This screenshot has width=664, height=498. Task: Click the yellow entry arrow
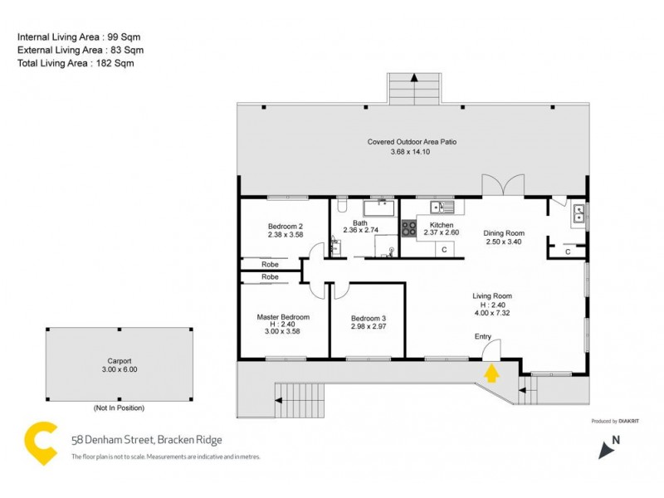tap(491, 373)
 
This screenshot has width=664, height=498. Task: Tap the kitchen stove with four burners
tap(409, 228)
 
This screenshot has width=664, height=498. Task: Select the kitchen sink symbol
tap(440, 207)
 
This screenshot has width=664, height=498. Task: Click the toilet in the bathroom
tap(342, 205)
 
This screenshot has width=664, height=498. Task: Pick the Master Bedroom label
tap(283, 317)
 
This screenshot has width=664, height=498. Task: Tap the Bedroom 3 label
tap(368, 318)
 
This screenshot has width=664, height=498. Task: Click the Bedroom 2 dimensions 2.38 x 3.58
tap(285, 235)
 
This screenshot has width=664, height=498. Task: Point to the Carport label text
tap(120, 361)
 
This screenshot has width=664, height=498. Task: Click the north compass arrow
tap(608, 448)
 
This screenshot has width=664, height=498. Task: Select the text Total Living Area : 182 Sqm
tap(76, 63)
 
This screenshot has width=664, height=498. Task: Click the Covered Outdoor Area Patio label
tap(412, 142)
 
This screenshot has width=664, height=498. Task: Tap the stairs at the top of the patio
tap(413, 88)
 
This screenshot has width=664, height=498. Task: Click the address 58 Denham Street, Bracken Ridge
tap(146, 441)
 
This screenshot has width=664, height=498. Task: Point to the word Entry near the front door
tap(483, 336)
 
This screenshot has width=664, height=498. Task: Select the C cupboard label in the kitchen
tap(444, 249)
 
